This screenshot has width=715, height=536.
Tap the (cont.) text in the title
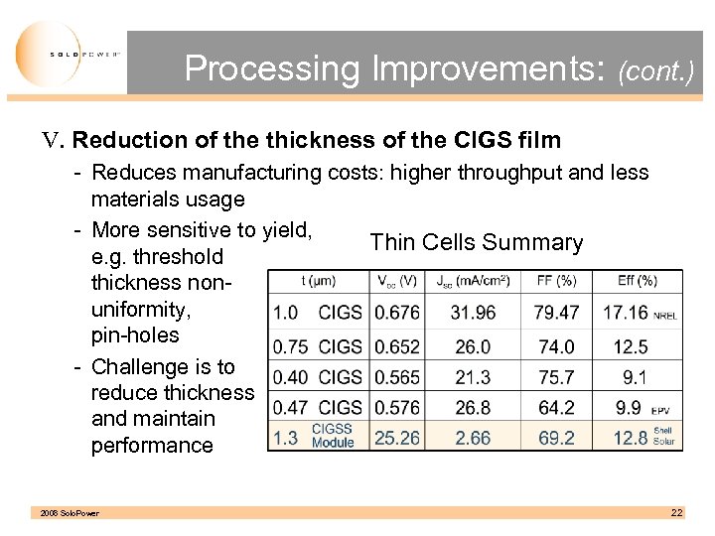[x=654, y=71]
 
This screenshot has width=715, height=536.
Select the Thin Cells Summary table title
[x=476, y=242]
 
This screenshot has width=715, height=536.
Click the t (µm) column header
[x=318, y=282]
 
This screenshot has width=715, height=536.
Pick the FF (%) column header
[x=555, y=282]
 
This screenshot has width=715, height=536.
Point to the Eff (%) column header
[x=637, y=282]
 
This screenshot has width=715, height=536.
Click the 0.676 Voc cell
[x=396, y=313]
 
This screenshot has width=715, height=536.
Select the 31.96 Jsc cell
[x=473, y=313]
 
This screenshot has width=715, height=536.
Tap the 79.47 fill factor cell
[x=556, y=313]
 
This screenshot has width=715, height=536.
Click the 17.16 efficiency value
[x=625, y=313]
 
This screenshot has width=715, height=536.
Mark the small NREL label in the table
[x=666, y=316]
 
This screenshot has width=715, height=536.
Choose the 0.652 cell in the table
[x=396, y=346]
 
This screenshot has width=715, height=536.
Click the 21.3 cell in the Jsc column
[x=473, y=377]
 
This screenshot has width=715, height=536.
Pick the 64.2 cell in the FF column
[x=556, y=407]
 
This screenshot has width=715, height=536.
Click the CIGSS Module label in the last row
[x=333, y=436]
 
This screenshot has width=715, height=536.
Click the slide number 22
[x=676, y=512]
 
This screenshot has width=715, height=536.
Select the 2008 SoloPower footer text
[x=70, y=513]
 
